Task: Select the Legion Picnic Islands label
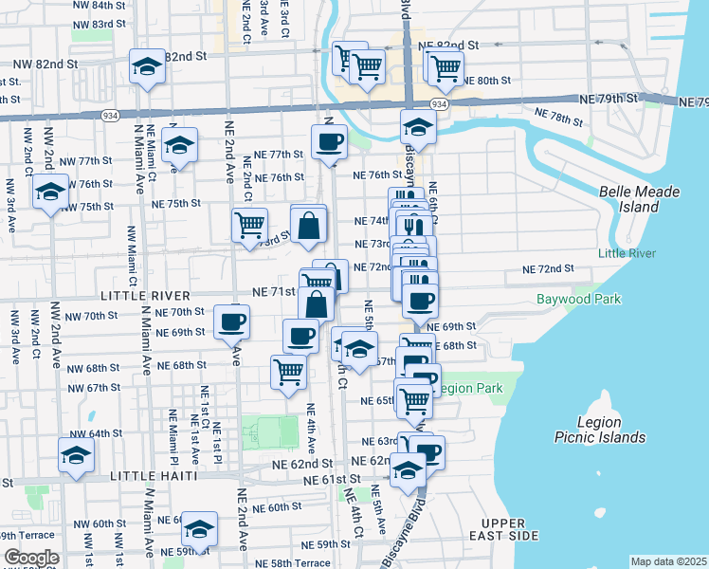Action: pyautogui.click(x=600, y=430)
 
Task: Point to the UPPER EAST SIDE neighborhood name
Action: pyautogui.click(x=509, y=529)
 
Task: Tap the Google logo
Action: pyautogui.click(x=31, y=558)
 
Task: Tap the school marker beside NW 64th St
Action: pyautogui.click(x=76, y=455)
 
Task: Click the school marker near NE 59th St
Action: pyautogui.click(x=199, y=528)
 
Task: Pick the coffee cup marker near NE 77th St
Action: pyautogui.click(x=329, y=142)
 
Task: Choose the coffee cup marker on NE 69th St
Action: pyautogui.click(x=231, y=321)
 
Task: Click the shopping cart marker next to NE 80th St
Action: pyautogui.click(x=444, y=67)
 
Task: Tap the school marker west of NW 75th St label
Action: pyautogui.click(x=50, y=193)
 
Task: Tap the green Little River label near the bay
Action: pyautogui.click(x=621, y=253)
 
